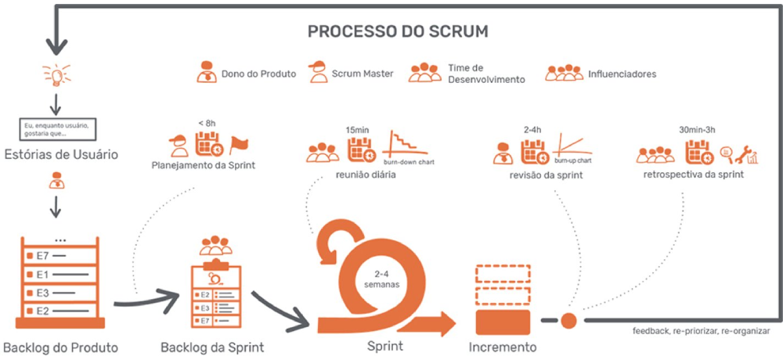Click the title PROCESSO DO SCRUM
[398, 32]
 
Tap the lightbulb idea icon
[56, 75]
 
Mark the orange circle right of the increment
[568, 320]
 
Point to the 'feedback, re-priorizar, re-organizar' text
[703, 329]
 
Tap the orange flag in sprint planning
[238, 145]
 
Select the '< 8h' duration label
[207, 123]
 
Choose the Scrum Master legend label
[363, 74]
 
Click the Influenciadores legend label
[622, 74]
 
